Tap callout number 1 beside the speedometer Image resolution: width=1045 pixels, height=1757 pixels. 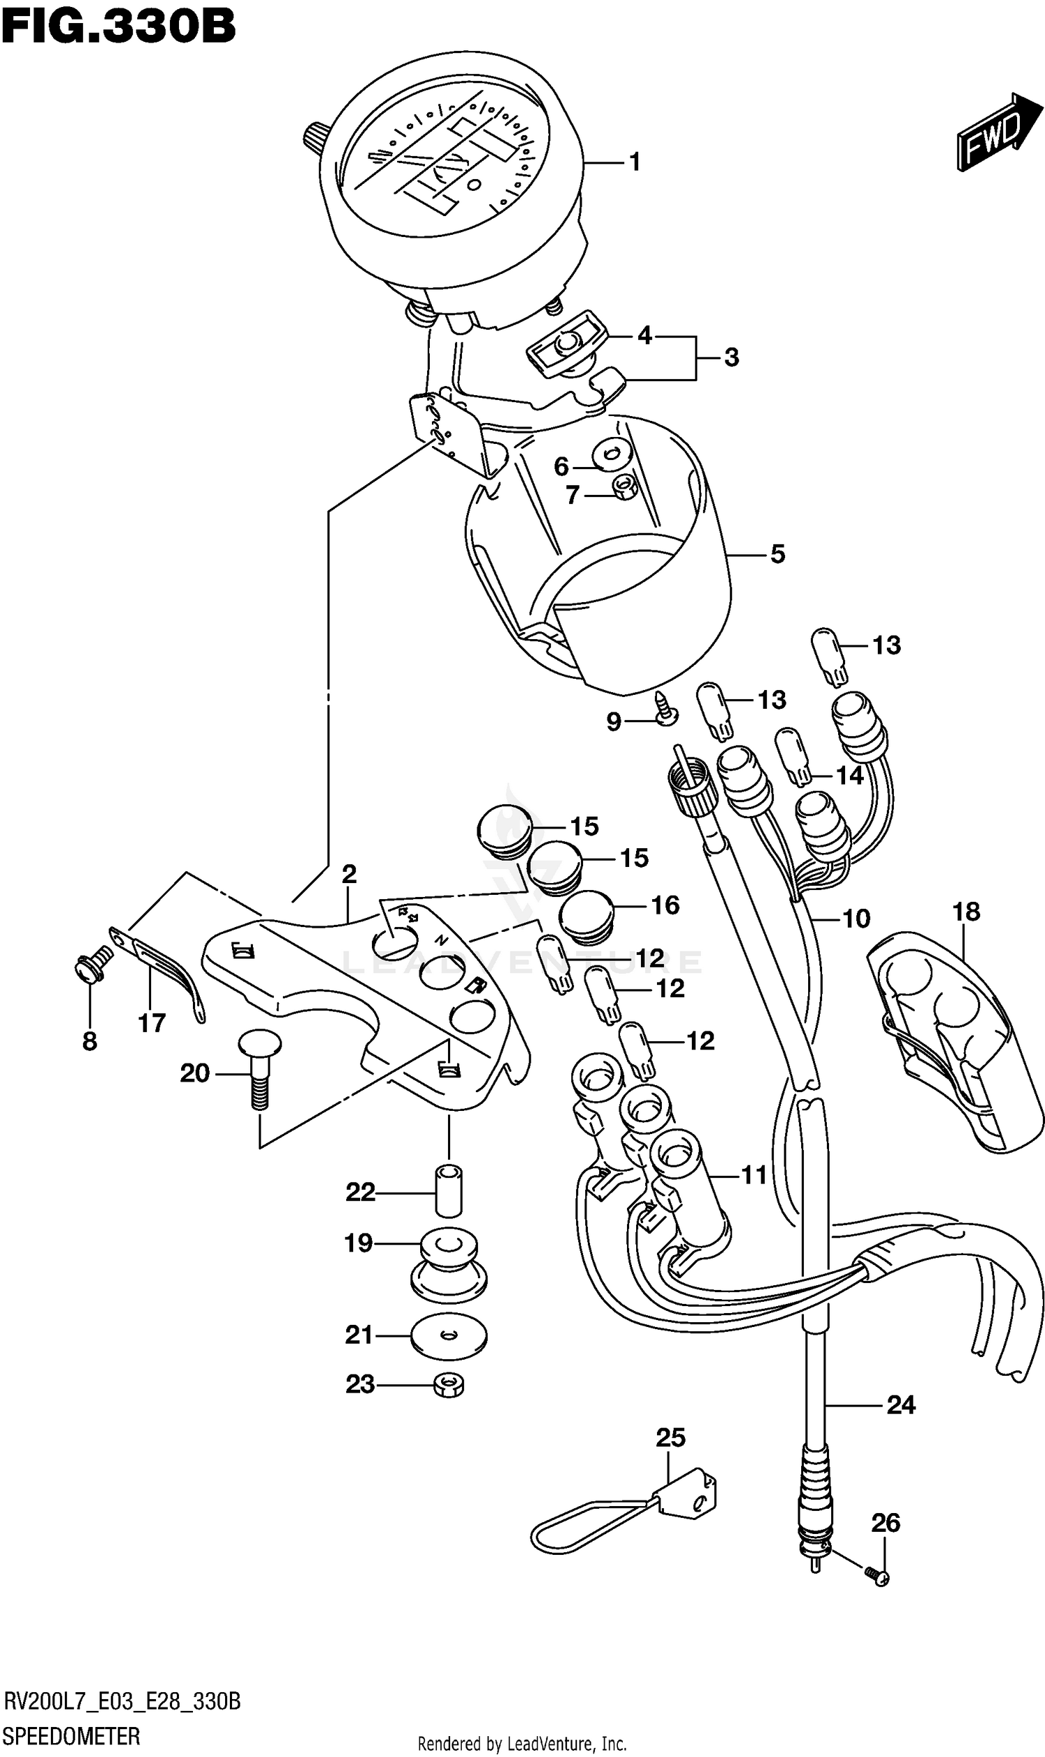pos(635,163)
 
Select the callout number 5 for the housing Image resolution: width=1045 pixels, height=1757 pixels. pos(777,555)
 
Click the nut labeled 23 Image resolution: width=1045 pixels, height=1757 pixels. pos(449,1386)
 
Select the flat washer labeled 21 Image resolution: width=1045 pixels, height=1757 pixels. pos(449,1335)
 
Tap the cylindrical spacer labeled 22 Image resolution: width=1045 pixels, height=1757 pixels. pos(449,1192)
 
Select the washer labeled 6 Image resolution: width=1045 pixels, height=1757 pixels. pos(610,454)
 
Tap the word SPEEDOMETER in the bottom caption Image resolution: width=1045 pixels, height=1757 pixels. pos(71,1736)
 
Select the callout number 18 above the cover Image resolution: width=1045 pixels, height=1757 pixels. pos(966,912)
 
